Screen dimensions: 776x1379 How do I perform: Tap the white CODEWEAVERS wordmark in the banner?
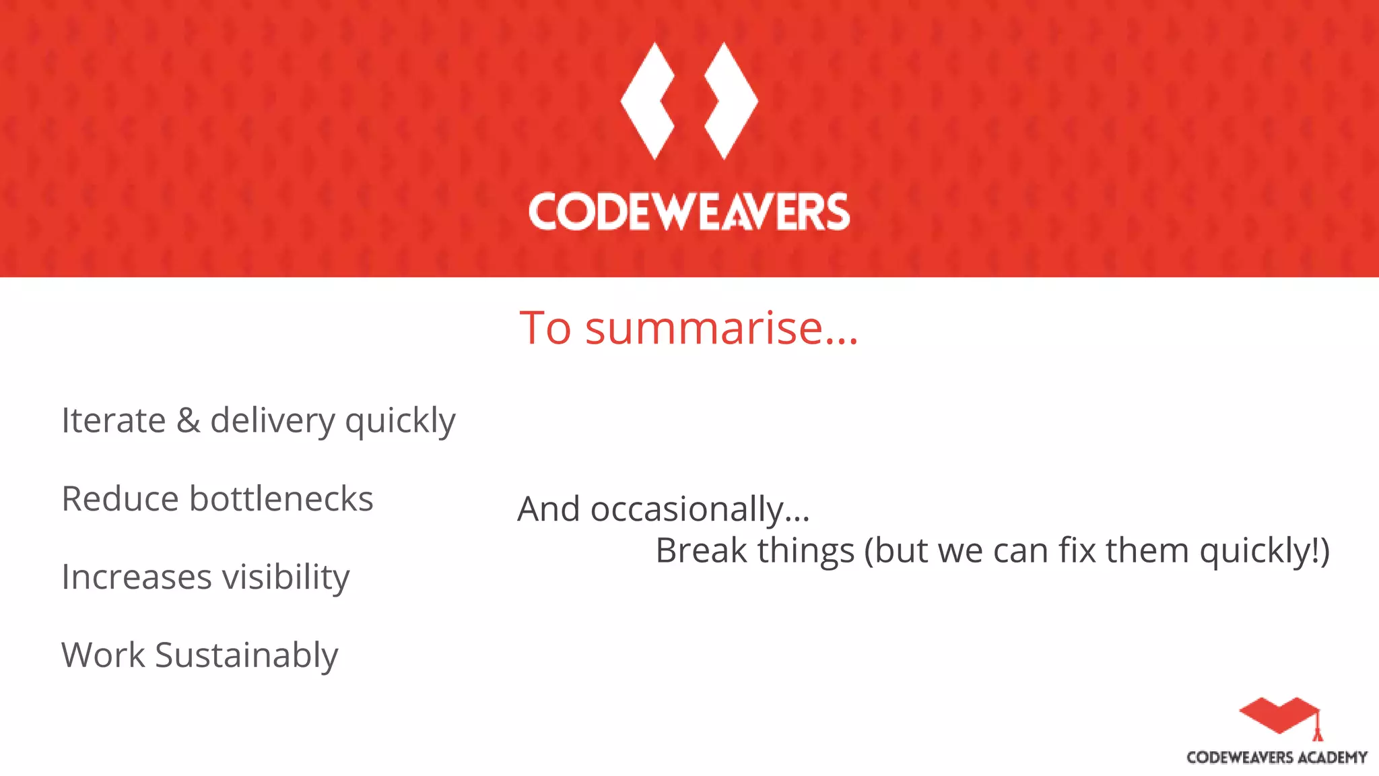pyautogui.click(x=689, y=212)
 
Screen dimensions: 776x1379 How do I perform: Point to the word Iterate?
pyautogui.click(x=113, y=420)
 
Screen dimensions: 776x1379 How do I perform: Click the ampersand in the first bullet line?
pyautogui.click(x=188, y=420)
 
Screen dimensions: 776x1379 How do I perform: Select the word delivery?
pyautogui.click(x=273, y=422)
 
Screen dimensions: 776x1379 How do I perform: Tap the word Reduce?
pyautogui.click(x=121, y=499)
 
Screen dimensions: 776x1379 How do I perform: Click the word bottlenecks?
pyautogui.click(x=281, y=499)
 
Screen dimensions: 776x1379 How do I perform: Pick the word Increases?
pyautogui.click(x=137, y=577)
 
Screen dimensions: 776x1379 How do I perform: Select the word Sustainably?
pyautogui.click(x=246, y=656)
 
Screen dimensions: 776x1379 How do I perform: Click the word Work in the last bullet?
pyautogui.click(x=103, y=655)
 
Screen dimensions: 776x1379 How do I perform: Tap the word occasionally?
pyautogui.click(x=700, y=510)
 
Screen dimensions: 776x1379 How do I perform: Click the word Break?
pyautogui.click(x=701, y=551)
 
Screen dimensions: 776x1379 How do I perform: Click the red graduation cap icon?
pyautogui.click(x=1279, y=717)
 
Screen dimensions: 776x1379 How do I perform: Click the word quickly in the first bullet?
pyautogui.click(x=400, y=422)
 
